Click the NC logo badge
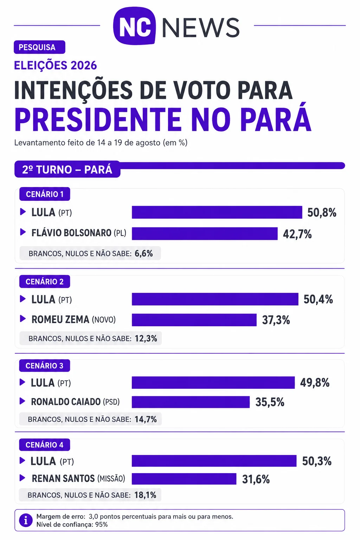click(134, 26)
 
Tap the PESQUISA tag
click(39, 47)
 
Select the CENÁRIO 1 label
click(45, 194)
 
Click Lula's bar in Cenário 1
click(217, 212)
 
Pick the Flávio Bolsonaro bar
click(205, 233)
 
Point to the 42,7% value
click(297, 234)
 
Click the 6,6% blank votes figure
click(144, 253)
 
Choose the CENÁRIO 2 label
click(45, 282)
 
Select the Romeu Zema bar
click(194, 320)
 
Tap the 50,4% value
click(318, 300)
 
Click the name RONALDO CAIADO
click(66, 402)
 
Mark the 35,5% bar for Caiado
click(191, 402)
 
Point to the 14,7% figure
click(146, 419)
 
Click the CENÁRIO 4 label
click(45, 445)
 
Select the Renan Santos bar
click(184, 479)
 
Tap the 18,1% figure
click(146, 495)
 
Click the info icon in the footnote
click(26, 520)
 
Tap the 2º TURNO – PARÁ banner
click(67, 169)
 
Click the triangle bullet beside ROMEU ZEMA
click(22, 319)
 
